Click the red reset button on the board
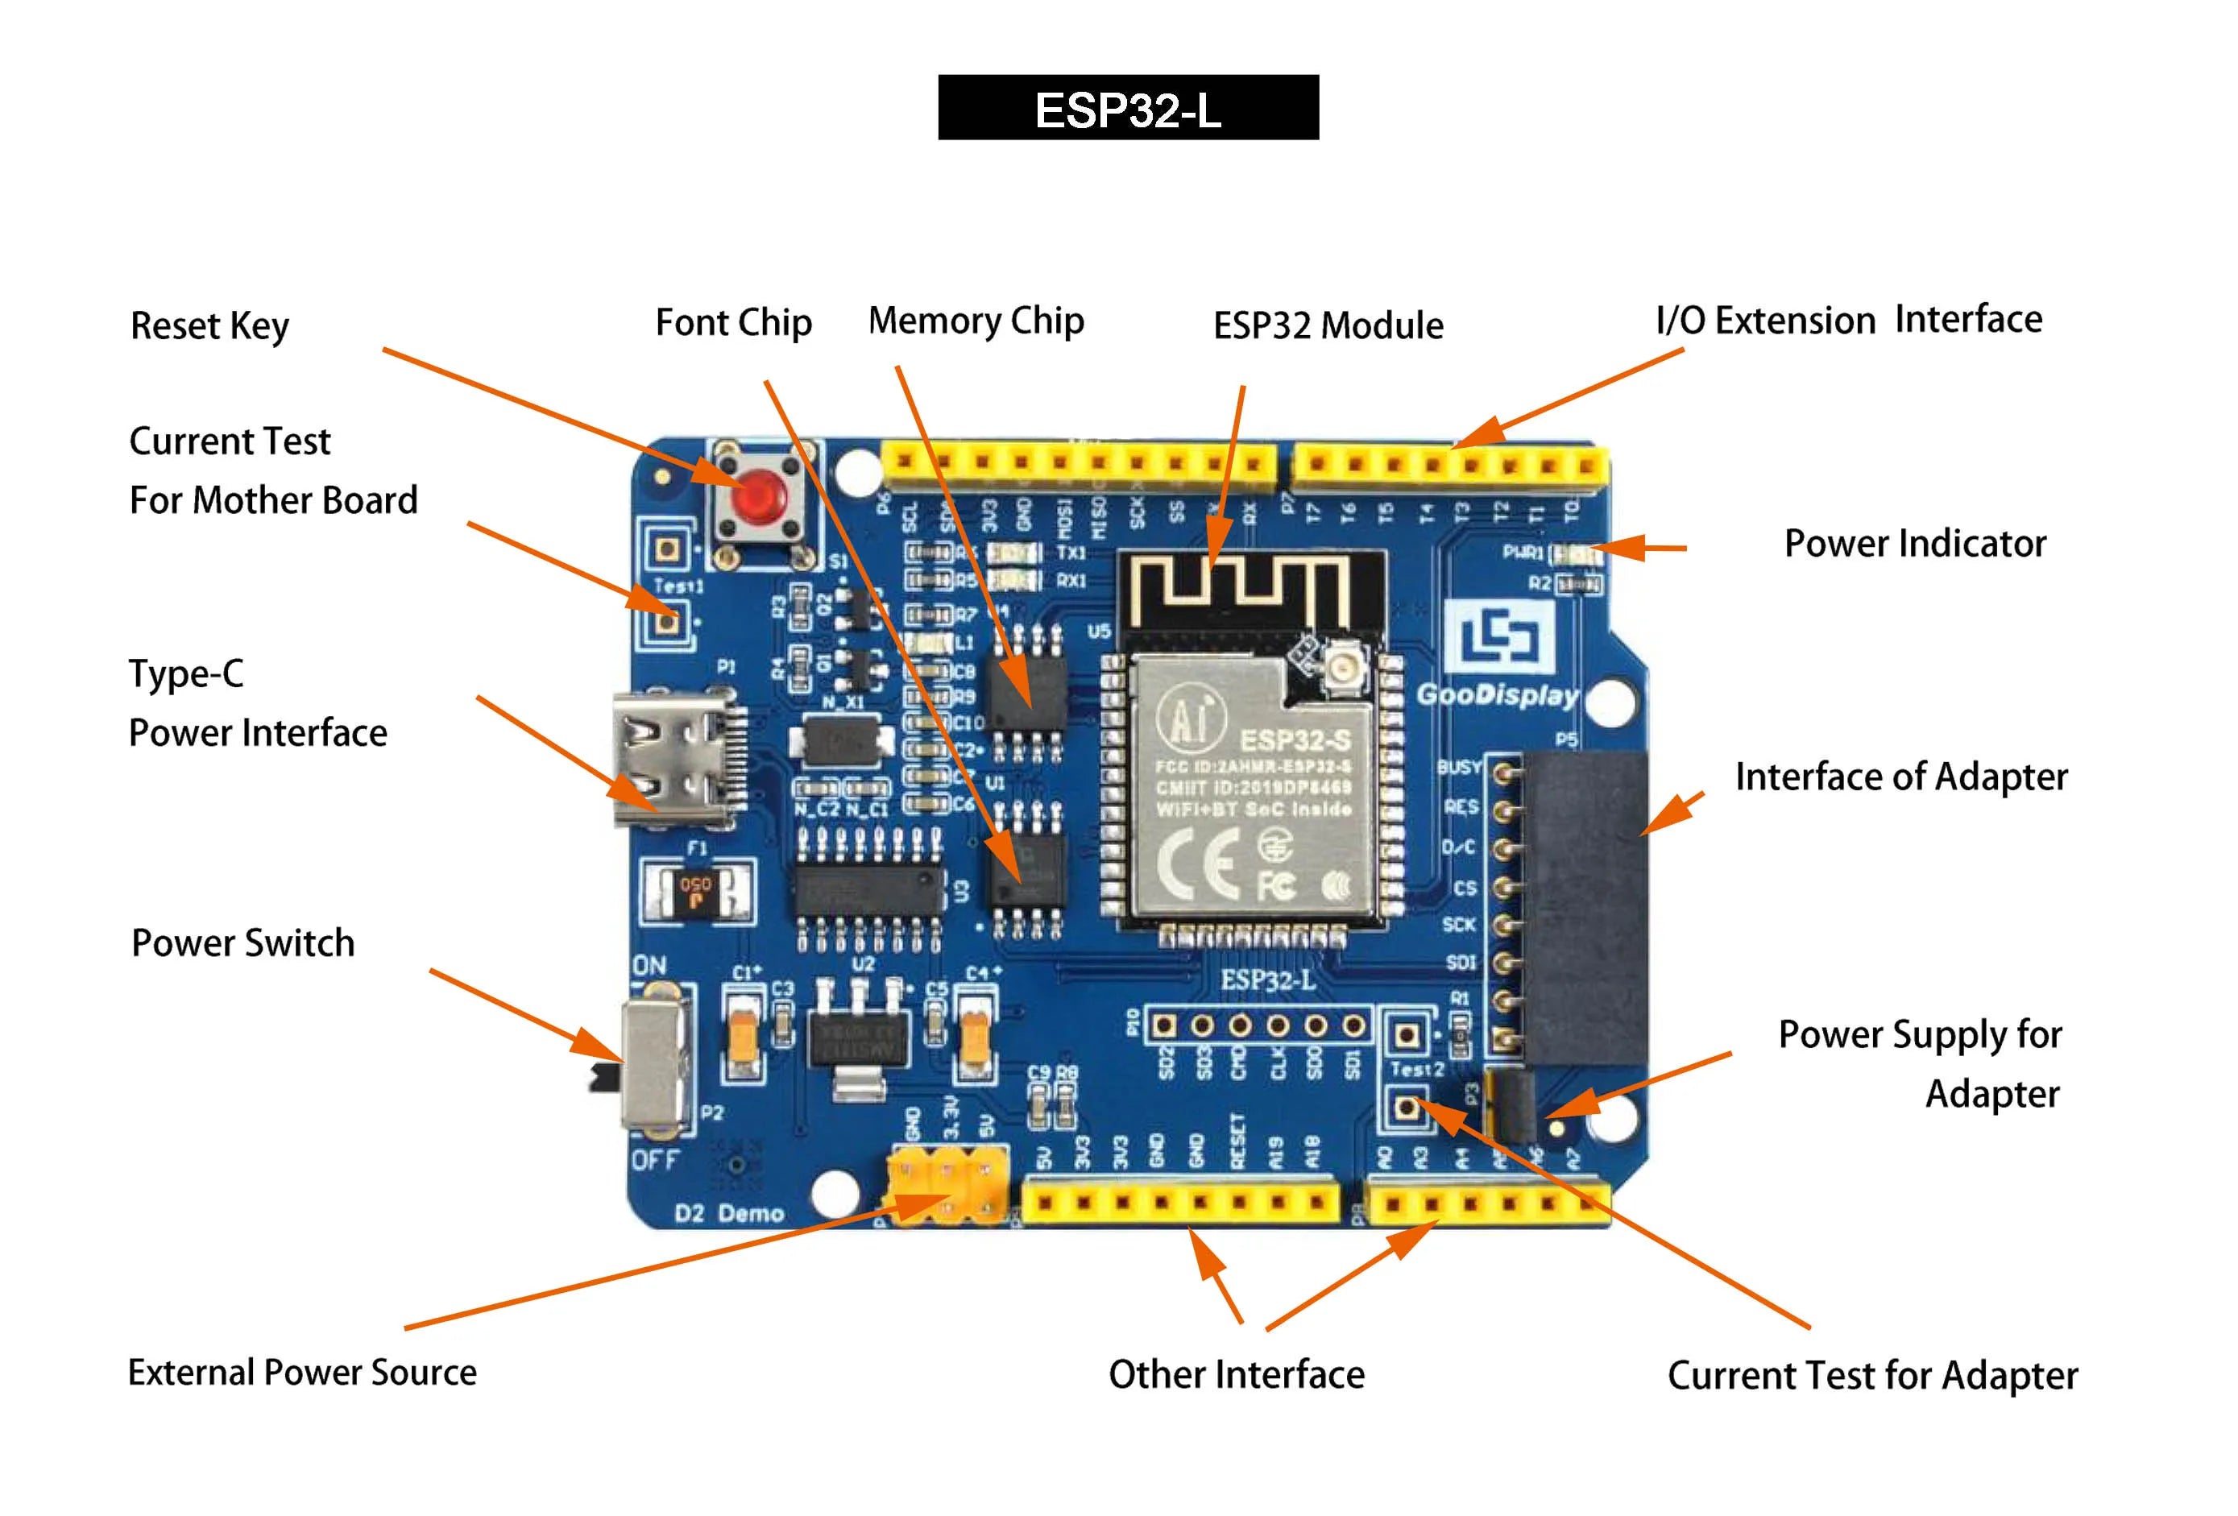point(758,498)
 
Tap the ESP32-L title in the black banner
point(1128,110)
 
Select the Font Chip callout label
point(733,323)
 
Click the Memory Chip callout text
point(976,321)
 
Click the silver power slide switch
point(655,1063)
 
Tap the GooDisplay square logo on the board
point(1500,636)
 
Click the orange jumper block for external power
point(947,1183)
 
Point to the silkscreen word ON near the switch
point(649,965)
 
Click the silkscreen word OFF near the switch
point(656,1161)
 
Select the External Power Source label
point(301,1373)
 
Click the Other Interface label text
point(1236,1374)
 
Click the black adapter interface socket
point(1584,905)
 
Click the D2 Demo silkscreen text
point(729,1212)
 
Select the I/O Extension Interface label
point(1848,320)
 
